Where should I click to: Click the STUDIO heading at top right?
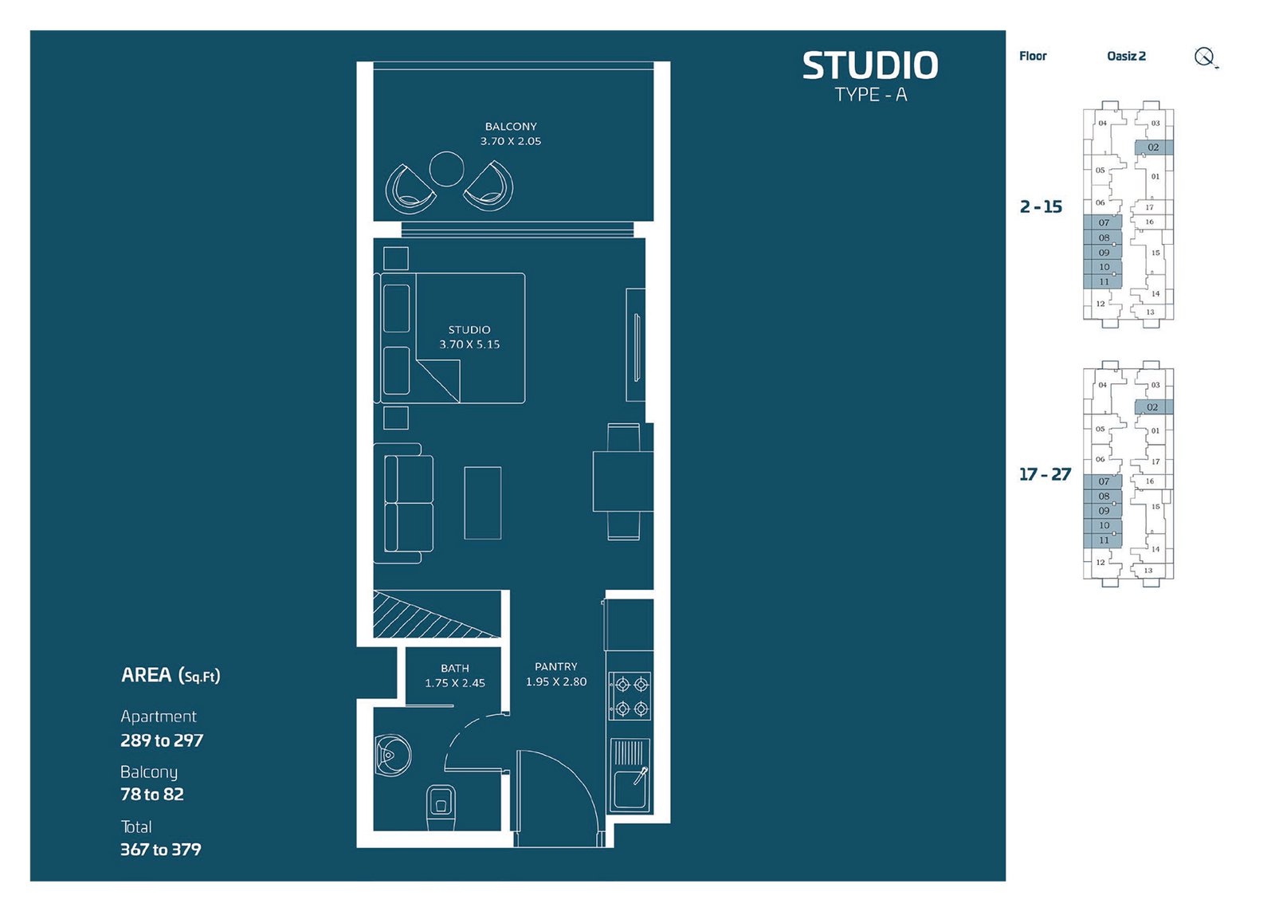[x=869, y=65]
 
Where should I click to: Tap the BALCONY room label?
[x=511, y=127]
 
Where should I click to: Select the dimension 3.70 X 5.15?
[x=469, y=344]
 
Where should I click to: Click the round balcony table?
[x=446, y=168]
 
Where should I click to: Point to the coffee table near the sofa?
[x=483, y=503]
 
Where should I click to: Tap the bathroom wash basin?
[x=391, y=754]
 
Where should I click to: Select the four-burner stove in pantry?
[x=630, y=696]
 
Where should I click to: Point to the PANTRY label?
[x=556, y=666]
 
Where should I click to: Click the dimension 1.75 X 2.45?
[x=455, y=683]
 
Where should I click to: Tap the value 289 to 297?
[x=162, y=740]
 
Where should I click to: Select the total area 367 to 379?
[x=161, y=850]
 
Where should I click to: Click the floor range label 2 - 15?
[x=1041, y=206]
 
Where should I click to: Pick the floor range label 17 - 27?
[x=1045, y=474]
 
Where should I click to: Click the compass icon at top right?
[x=1205, y=57]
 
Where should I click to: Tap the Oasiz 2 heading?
[x=1126, y=56]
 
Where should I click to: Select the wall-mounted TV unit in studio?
[x=635, y=345]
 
